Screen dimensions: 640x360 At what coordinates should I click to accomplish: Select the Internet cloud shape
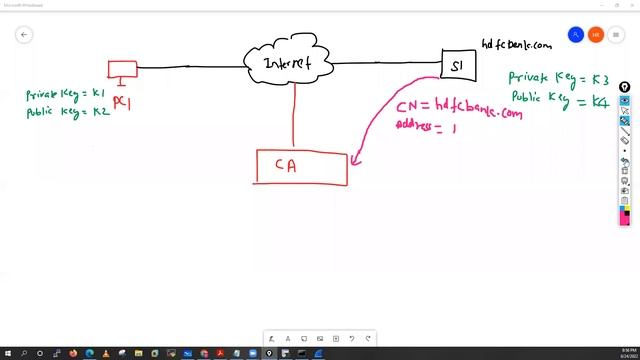click(x=288, y=63)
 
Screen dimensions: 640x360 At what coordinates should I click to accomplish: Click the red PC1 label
click(x=122, y=102)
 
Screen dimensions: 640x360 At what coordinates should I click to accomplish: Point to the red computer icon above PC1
click(x=122, y=69)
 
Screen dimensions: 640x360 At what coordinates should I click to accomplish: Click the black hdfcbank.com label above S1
click(x=516, y=44)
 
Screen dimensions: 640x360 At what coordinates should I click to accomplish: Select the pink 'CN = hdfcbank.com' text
click(x=458, y=108)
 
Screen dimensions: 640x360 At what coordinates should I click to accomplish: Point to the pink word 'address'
click(x=416, y=125)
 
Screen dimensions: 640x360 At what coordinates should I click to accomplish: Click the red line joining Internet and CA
click(x=294, y=115)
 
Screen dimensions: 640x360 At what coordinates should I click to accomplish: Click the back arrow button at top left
click(x=24, y=35)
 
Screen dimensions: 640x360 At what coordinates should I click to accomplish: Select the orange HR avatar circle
click(x=596, y=35)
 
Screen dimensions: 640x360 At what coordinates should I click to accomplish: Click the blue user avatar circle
click(x=575, y=35)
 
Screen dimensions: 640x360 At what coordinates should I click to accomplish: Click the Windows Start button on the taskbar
click(x=8, y=353)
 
